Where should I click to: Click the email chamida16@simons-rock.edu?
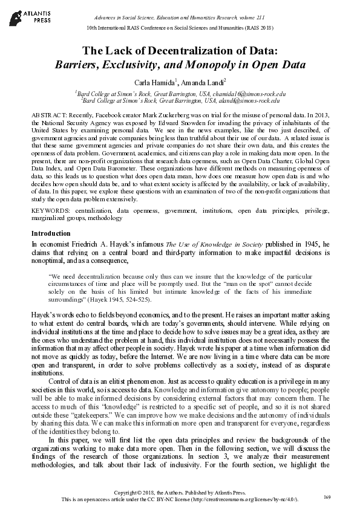point(248,94)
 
